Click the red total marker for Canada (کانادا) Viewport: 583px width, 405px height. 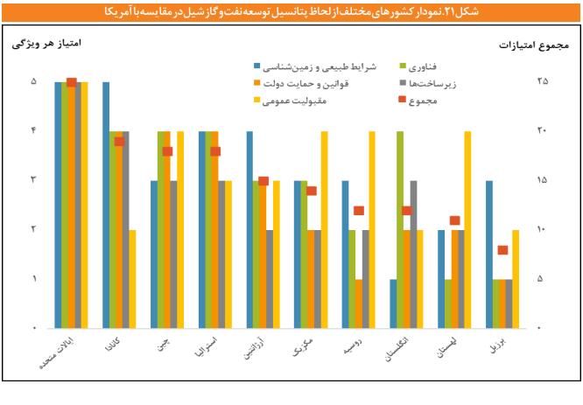coord(120,141)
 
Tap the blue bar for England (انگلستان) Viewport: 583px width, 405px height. coord(393,304)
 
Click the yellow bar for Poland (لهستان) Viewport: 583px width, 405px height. coord(467,229)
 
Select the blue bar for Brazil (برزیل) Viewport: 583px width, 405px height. coord(489,254)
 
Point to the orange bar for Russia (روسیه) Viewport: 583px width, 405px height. coord(359,304)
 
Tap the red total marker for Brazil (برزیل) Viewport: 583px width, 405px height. coord(502,250)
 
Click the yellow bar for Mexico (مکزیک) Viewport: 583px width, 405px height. coord(325,229)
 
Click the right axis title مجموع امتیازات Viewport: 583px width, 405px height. coord(534,44)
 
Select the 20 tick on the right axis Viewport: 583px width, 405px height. coord(542,131)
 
